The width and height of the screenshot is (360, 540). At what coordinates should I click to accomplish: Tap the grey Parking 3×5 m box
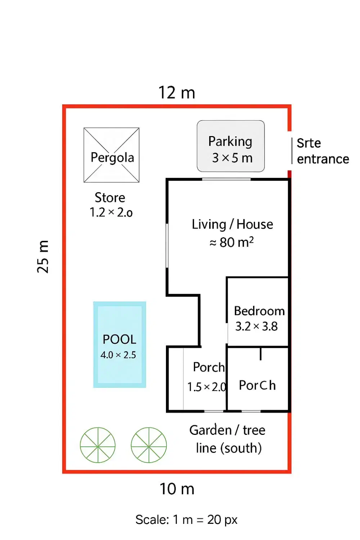(231, 146)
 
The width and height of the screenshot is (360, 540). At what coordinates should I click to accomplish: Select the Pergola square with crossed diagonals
(112, 155)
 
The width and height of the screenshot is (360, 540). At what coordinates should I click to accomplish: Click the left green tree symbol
(98, 445)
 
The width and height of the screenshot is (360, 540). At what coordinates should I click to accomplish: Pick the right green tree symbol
(149, 445)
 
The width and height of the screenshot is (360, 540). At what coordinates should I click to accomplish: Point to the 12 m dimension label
(177, 93)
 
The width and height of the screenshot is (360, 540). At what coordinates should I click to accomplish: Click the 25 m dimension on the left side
(43, 257)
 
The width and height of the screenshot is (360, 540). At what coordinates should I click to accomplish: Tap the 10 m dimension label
(177, 489)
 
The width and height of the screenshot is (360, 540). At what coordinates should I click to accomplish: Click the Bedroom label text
(259, 311)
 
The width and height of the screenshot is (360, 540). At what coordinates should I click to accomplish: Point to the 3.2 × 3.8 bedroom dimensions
(256, 327)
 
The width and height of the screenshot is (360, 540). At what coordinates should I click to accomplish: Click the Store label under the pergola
(110, 198)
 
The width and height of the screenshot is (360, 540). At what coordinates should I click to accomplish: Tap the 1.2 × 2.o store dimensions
(111, 212)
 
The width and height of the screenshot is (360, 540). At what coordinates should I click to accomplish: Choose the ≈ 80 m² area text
(231, 242)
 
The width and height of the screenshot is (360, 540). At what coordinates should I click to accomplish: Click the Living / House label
(232, 224)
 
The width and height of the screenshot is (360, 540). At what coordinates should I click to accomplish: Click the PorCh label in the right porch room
(257, 385)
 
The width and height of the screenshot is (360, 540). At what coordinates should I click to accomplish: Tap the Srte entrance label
(323, 151)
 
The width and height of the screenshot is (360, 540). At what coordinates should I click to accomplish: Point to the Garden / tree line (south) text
(228, 439)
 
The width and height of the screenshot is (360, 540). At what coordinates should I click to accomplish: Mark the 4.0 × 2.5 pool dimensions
(118, 355)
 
